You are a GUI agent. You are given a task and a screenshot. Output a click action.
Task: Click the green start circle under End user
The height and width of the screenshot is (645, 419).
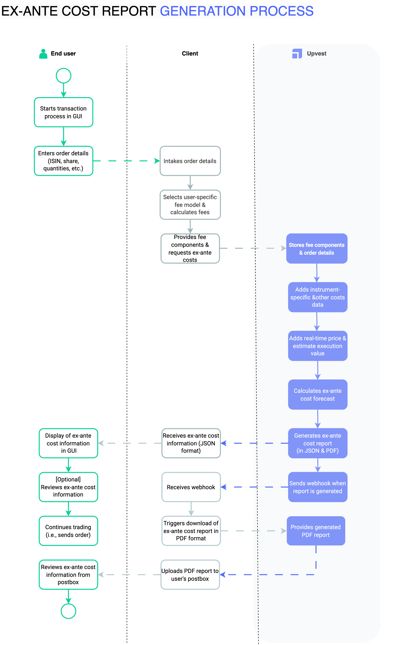pos(63,76)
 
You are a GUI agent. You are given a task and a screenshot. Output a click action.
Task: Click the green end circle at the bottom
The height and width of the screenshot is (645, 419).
pos(68,611)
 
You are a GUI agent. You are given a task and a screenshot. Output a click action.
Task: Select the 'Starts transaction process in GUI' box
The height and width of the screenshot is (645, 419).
pos(63,112)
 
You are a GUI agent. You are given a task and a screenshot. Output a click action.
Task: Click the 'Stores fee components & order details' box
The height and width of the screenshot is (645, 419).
pos(317,249)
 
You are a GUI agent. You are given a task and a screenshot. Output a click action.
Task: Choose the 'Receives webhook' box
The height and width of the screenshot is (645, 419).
pos(191,487)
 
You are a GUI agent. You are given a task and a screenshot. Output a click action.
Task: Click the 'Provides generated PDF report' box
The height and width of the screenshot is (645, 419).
pos(316,531)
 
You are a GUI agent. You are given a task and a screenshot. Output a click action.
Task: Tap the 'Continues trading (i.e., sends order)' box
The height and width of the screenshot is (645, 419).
pos(68,531)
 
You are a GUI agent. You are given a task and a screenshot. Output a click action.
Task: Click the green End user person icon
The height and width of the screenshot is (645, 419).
pos(43,54)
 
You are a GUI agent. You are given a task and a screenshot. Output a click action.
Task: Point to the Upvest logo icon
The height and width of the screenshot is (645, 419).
pos(297,54)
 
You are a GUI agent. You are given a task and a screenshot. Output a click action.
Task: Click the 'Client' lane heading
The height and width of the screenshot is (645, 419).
pos(190,53)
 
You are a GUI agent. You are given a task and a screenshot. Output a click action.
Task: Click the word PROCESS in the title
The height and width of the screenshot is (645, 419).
pos(281,11)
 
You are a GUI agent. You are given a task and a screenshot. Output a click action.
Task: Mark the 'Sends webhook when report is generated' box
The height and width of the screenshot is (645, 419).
pos(317,487)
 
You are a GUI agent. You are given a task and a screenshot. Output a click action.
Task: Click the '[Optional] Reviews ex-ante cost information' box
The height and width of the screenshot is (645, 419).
pos(68,487)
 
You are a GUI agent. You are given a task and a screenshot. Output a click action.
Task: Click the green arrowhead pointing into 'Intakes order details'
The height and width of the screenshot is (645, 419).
pos(157,161)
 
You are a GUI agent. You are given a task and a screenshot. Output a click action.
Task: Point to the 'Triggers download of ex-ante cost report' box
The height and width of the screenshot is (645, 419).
pos(191,531)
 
